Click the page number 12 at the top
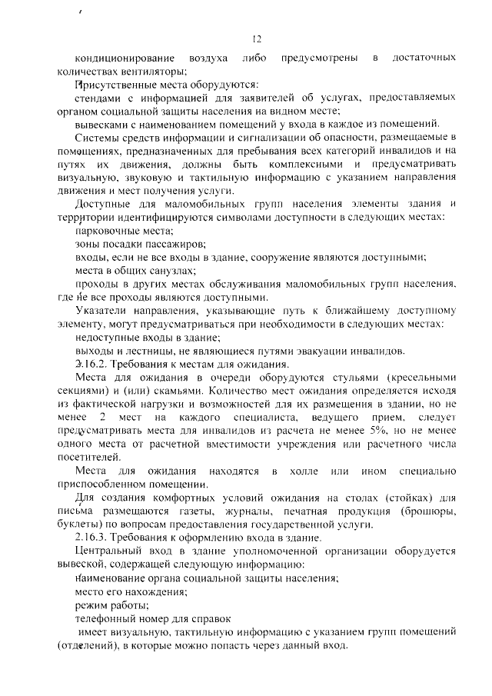point(258,39)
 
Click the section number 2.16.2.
point(91,364)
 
